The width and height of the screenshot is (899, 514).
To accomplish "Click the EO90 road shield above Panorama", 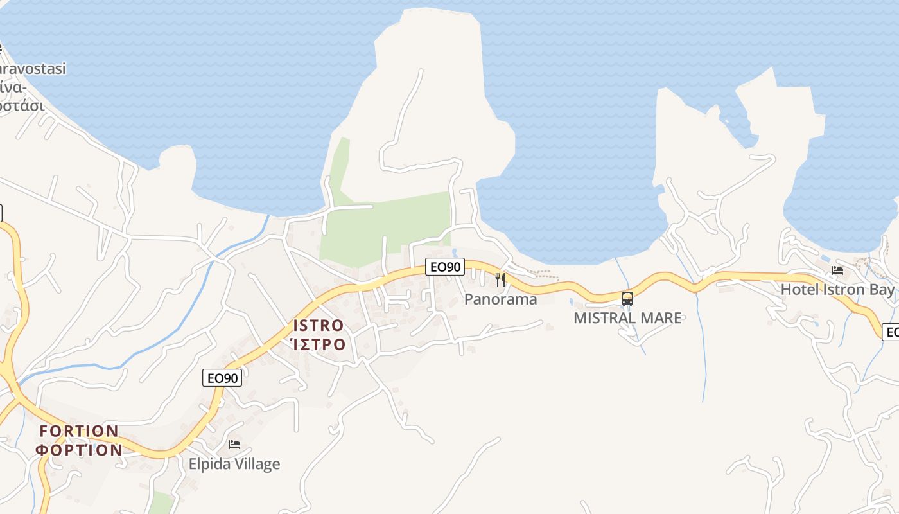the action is (x=444, y=267).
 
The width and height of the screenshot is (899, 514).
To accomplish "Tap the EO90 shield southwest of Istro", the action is (x=223, y=378).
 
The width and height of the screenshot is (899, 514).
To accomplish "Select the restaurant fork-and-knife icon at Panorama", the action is (x=500, y=279).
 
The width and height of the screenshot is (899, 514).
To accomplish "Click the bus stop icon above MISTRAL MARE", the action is (x=627, y=298).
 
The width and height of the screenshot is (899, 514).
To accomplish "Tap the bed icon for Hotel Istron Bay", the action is (x=837, y=270).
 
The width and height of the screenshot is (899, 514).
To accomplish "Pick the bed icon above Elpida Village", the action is (x=234, y=444).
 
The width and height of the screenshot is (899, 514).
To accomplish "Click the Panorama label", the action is (x=500, y=299).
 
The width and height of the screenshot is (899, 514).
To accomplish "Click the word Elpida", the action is (x=208, y=463).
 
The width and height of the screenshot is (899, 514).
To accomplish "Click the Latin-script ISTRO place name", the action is (x=319, y=325).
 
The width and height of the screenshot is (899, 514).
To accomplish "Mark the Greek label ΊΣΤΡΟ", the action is (x=319, y=344).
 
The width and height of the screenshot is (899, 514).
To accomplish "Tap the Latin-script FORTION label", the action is (x=79, y=430).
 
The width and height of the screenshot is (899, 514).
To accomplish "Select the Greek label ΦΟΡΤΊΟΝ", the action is (x=79, y=450).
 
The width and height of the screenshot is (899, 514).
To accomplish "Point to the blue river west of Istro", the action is (x=193, y=308).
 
